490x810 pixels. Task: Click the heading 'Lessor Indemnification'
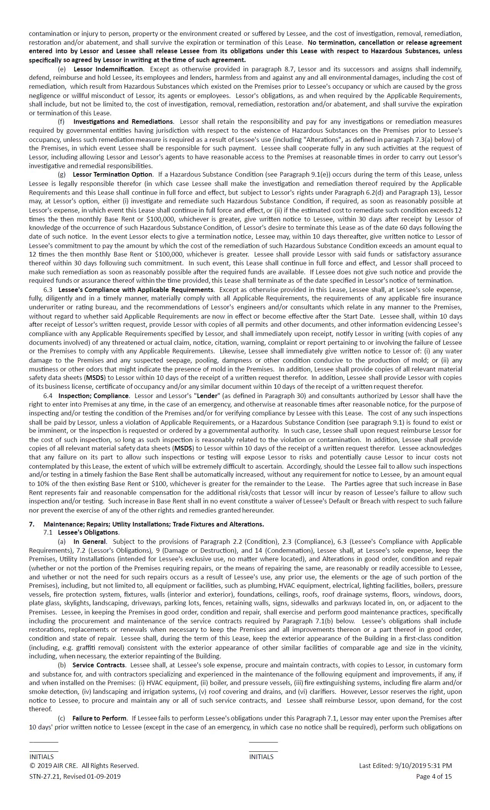pos(108,69)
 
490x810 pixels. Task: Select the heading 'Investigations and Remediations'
pos(123,121)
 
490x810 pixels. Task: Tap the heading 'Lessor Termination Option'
pos(112,174)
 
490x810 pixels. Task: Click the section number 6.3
pos(48,289)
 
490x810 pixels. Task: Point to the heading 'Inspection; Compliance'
pos(94,395)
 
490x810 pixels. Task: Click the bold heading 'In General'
pos(90,542)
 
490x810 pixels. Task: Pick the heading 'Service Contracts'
pos(99,665)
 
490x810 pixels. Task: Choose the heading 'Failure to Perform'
pos(99,718)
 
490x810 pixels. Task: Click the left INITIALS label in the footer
pos(41,756)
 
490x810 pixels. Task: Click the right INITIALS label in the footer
pos(261,756)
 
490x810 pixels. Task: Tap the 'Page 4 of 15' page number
pos(434,776)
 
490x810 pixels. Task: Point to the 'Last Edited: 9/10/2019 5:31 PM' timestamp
pos(405,765)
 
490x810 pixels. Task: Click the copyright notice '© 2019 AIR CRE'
pos(84,765)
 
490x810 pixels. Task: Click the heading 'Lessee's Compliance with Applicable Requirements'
pos(136,289)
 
